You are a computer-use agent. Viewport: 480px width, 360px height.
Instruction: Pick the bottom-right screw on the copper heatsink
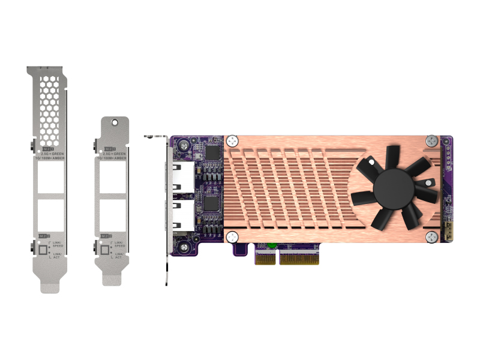[433, 238]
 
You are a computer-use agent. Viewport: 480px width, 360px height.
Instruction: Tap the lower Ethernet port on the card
[182, 215]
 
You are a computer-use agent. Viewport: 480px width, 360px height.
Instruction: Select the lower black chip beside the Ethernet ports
[211, 204]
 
